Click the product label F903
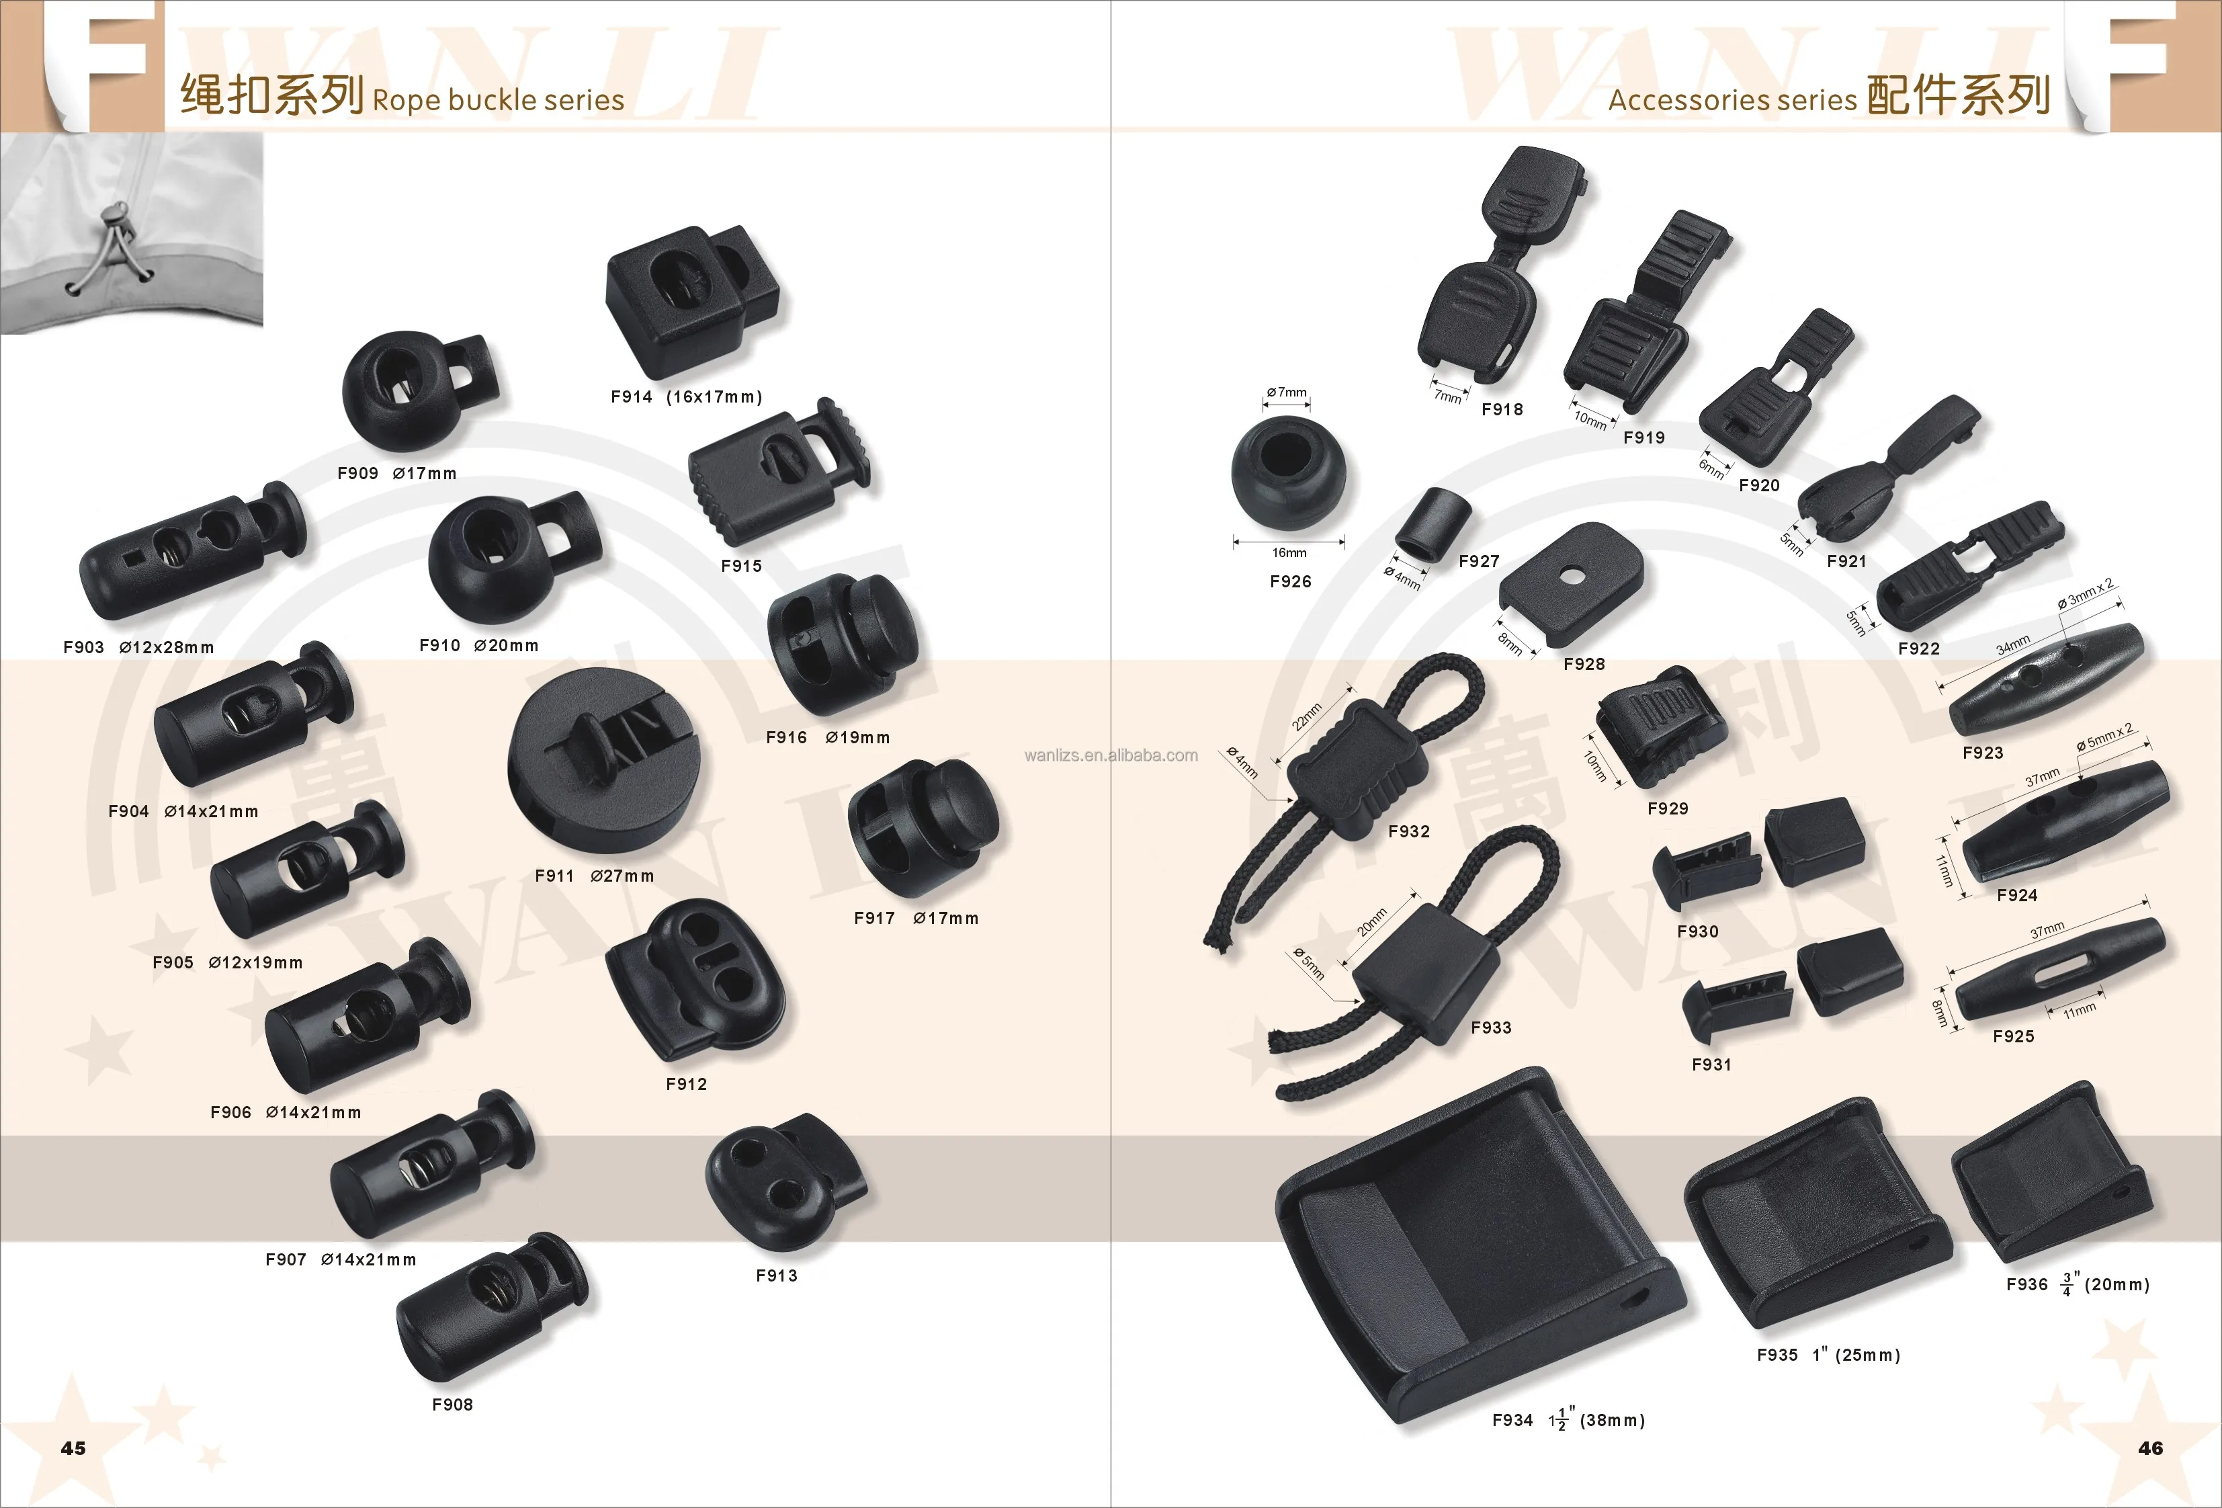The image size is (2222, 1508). coord(83,647)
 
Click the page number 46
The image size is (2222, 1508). coord(2150,1448)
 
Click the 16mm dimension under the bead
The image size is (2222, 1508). coord(1289,552)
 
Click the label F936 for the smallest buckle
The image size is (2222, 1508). coord(2026,1284)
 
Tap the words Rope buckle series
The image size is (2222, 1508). coord(498,100)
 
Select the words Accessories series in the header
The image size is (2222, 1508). coord(1732,100)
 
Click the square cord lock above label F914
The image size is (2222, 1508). coord(690,298)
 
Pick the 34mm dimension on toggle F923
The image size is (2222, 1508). coord(2012,647)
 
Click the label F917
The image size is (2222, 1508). coord(874,918)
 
